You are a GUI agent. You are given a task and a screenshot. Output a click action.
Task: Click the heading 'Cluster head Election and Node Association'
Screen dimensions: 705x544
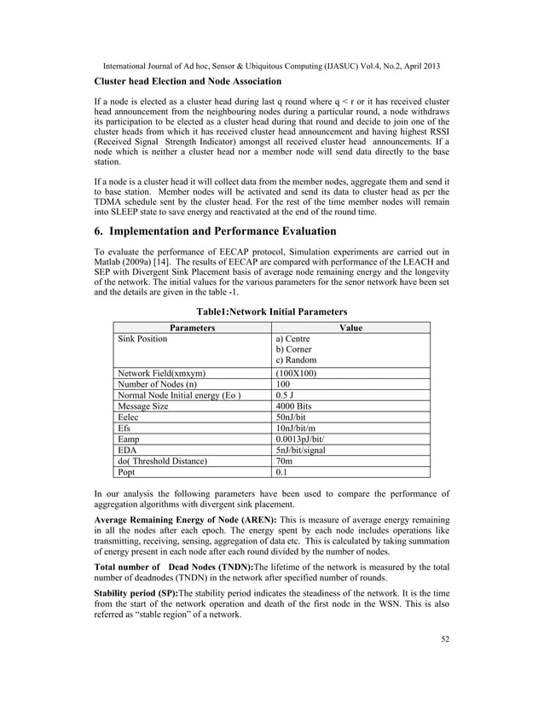(x=188, y=81)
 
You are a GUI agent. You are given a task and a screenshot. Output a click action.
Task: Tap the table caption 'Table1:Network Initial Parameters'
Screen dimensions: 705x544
(x=272, y=312)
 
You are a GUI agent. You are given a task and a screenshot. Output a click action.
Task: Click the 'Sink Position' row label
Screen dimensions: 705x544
(x=142, y=338)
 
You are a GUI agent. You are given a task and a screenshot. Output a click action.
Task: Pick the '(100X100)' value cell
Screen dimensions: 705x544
(x=296, y=373)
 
